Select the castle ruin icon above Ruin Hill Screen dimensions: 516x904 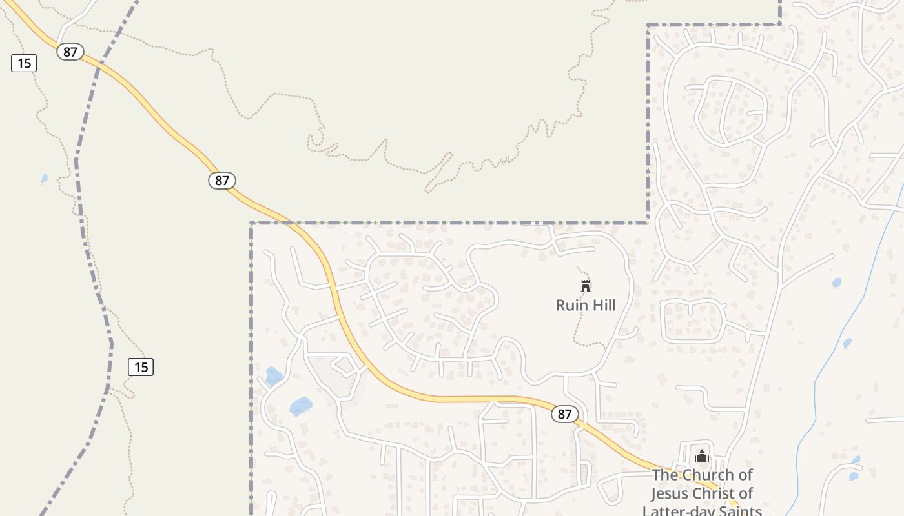tap(586, 286)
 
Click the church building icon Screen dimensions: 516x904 tap(702, 457)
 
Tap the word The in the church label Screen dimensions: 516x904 tap(665, 475)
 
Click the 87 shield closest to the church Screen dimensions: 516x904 tap(564, 414)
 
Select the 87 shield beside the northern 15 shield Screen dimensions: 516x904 tap(70, 52)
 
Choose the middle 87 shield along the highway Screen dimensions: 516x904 tap(221, 181)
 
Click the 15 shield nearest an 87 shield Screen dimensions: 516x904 tap(24, 63)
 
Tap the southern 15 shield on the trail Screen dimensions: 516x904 tap(141, 367)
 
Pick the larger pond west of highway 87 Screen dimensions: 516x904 tap(301, 406)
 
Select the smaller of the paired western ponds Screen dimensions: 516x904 tap(273, 376)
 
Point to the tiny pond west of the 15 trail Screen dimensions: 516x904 tap(44, 178)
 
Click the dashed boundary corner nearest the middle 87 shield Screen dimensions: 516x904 tap(251, 223)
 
